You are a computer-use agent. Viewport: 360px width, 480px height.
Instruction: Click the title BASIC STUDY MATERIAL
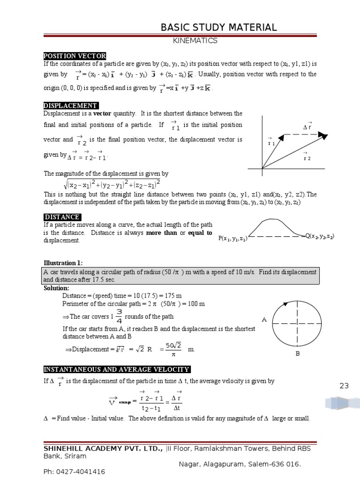pyautogui.click(x=218, y=27)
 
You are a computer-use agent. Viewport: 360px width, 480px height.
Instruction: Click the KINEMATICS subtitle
pyautogui.click(x=195, y=41)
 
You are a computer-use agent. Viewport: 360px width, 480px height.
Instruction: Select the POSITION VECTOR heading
pyautogui.click(x=75, y=56)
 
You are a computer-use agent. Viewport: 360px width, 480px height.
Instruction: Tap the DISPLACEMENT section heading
pyautogui.click(x=71, y=105)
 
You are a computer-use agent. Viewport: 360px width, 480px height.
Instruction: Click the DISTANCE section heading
pyautogui.click(x=62, y=217)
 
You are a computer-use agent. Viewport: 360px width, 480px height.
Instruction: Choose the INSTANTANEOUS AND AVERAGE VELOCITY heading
pyautogui.click(x=117, y=369)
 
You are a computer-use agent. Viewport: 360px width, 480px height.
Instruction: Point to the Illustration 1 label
pyautogui.click(x=63, y=263)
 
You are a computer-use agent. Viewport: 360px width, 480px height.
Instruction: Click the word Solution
pyautogui.click(x=56, y=288)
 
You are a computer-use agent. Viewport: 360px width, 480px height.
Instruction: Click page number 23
pyautogui.click(x=345, y=386)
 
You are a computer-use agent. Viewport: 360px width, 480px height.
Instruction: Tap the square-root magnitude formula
pyautogui.click(x=112, y=183)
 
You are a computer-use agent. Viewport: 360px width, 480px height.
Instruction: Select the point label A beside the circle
pyautogui.click(x=264, y=320)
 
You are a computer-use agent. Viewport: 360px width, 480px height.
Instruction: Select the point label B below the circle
pyautogui.click(x=297, y=353)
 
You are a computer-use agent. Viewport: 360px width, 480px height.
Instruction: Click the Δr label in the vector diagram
pyautogui.click(x=307, y=126)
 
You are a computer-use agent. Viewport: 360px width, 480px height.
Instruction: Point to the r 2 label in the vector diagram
pyautogui.click(x=307, y=157)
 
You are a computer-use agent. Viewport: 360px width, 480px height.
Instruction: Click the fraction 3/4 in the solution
pyautogui.click(x=119, y=316)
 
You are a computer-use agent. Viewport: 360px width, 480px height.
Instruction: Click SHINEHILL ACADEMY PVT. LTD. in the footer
pyautogui.click(x=104, y=448)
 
